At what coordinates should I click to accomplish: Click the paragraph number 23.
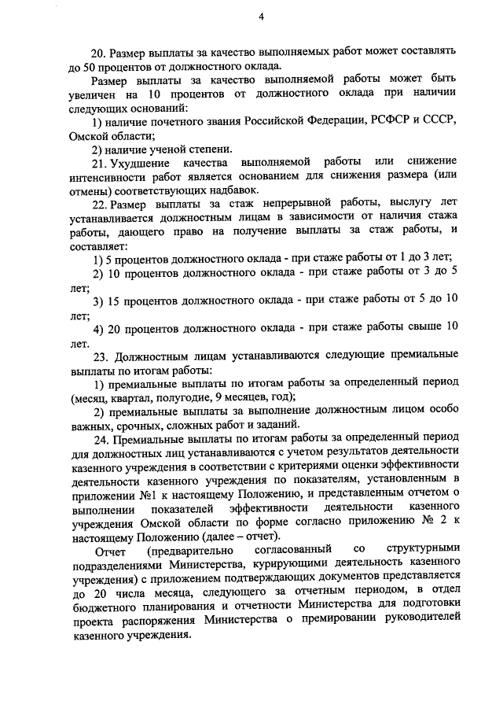pos(98,356)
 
